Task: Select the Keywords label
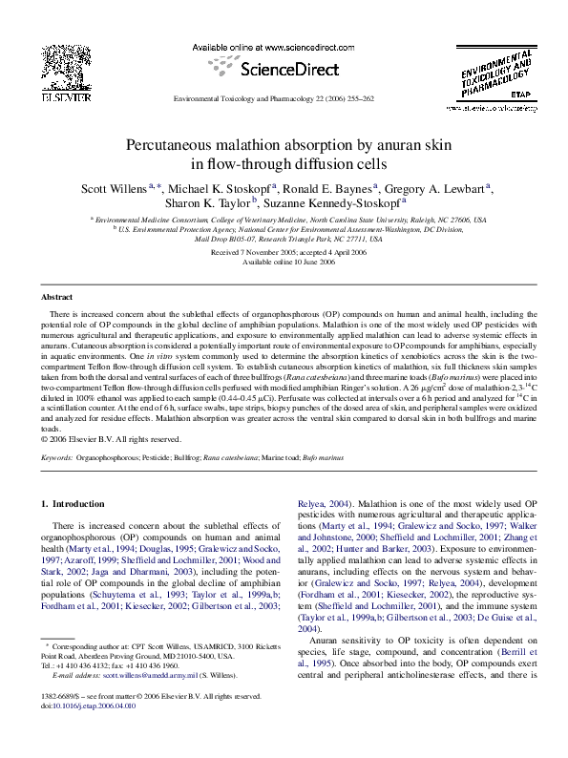click(x=56, y=458)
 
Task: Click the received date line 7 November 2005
click(x=284, y=251)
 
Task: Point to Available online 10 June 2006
click(x=284, y=261)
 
